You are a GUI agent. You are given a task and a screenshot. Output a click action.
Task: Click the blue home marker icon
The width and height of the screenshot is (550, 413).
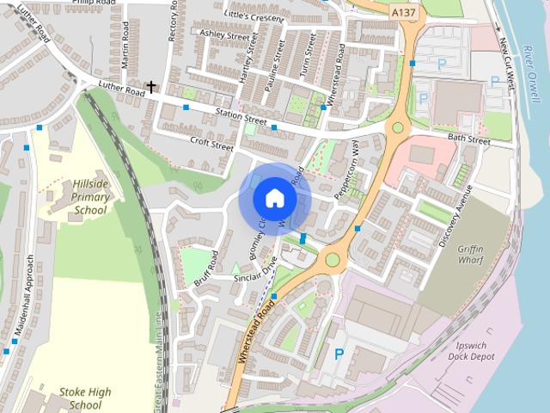(274, 198)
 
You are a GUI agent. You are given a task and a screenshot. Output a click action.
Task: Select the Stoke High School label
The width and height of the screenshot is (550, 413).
(85, 398)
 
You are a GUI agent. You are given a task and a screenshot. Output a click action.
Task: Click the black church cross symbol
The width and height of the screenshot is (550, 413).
(151, 87)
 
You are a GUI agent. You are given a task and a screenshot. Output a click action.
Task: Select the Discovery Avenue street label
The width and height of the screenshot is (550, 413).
(455, 216)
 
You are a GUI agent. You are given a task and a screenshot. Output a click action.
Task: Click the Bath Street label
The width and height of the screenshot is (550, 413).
(468, 140)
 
